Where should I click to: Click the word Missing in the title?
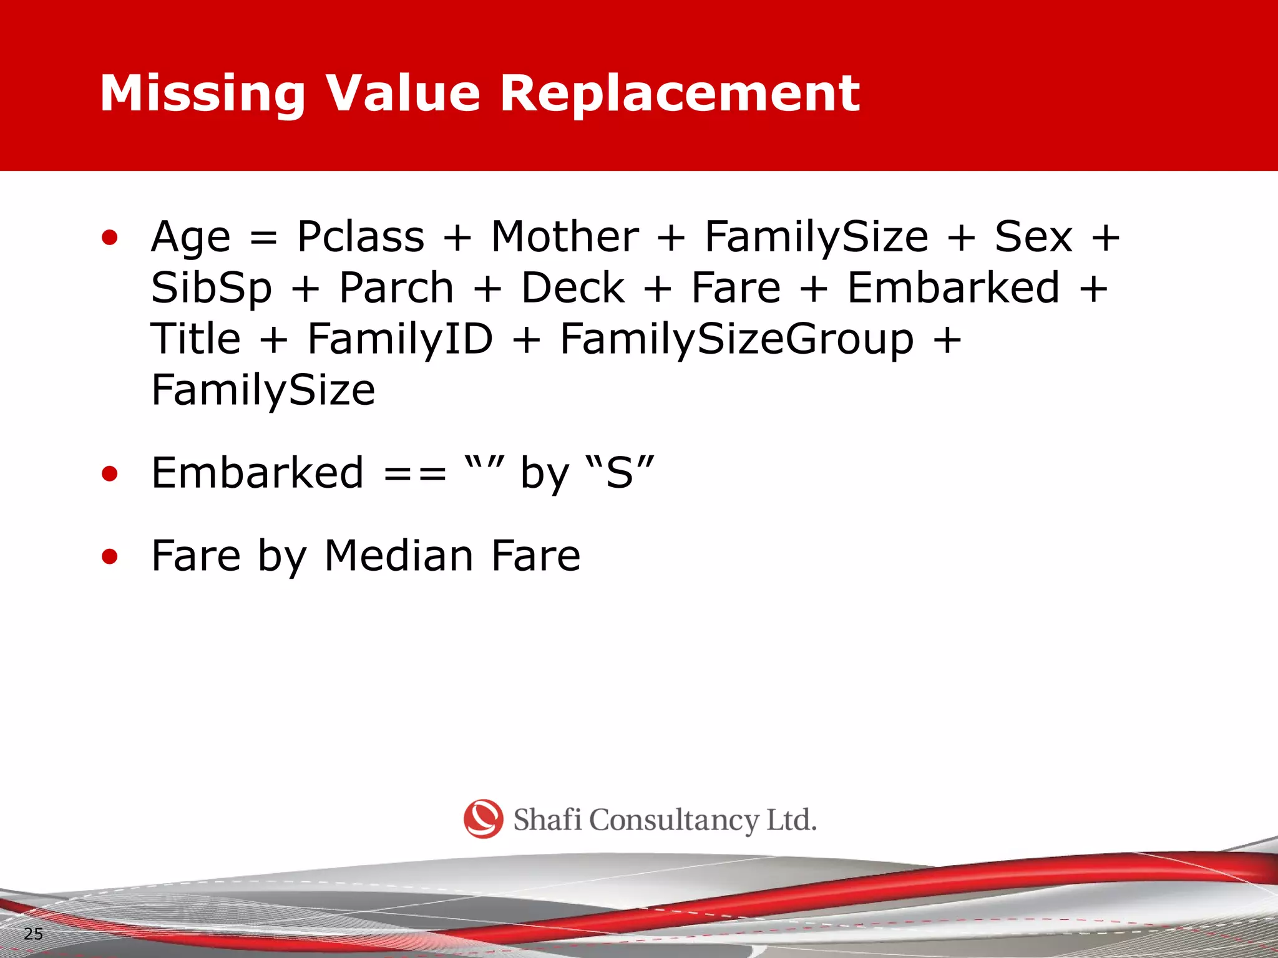[x=203, y=94]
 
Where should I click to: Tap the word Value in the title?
[x=403, y=94]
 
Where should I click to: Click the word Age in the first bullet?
[x=190, y=238]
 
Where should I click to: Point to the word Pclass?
[x=361, y=237]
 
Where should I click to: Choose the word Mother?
[x=565, y=237]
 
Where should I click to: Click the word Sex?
[x=1033, y=237]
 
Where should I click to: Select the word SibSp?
[x=212, y=289]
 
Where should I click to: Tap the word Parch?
[x=396, y=289]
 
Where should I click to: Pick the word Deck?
[x=573, y=289]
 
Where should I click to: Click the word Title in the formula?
[x=196, y=339]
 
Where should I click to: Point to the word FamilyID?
[x=400, y=339]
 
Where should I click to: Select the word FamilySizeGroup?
[x=737, y=340]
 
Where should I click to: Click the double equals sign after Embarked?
[x=415, y=473]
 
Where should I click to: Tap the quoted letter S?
[x=620, y=473]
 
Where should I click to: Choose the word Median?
[x=399, y=556]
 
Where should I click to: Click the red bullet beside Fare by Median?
[x=110, y=556]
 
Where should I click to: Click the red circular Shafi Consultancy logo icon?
[x=483, y=819]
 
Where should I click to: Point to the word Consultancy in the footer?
[x=673, y=820]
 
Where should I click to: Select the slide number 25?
[x=33, y=934]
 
